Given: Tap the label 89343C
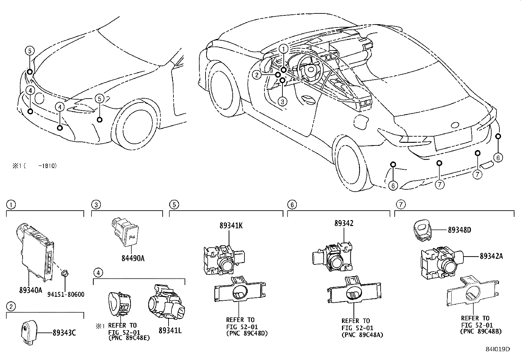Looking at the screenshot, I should (64, 333).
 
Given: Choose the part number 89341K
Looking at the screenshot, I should (231, 225).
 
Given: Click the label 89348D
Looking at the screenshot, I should (459, 230).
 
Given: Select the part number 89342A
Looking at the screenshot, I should (491, 256).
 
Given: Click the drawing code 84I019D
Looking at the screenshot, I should (498, 349).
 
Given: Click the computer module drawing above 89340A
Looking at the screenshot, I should (34, 251).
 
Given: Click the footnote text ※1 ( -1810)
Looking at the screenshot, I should (35, 166).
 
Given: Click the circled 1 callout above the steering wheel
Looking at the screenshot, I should (283, 48).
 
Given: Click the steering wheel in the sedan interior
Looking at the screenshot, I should (310, 67).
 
